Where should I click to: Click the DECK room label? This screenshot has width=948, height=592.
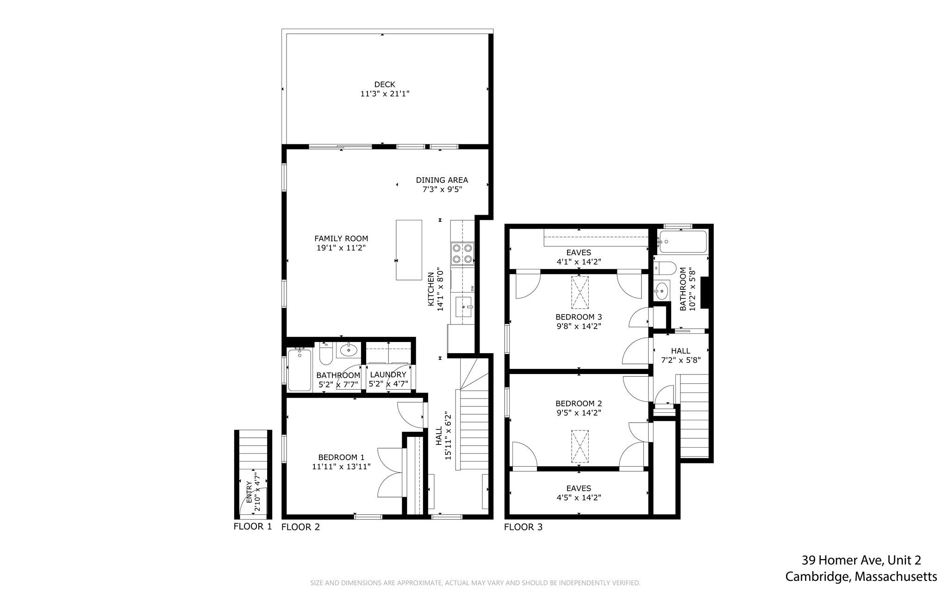tap(385, 84)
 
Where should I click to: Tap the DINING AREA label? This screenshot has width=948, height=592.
tap(442, 180)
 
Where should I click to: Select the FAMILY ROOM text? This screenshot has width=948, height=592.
tap(341, 238)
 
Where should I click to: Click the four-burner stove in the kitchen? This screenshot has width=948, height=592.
tap(463, 254)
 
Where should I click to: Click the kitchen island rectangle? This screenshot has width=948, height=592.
tap(409, 250)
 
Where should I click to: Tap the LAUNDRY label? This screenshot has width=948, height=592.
tap(387, 374)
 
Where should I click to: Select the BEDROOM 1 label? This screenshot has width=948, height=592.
tap(341, 457)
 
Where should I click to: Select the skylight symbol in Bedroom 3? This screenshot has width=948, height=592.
tap(580, 293)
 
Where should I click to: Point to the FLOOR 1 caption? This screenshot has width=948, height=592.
tap(253, 526)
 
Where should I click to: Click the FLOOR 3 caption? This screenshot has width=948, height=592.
tap(523, 527)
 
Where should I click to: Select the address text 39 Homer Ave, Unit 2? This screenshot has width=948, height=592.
tap(861, 561)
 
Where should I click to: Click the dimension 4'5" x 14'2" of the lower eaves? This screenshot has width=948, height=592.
tap(579, 498)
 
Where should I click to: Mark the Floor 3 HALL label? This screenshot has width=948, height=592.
tap(680, 351)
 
